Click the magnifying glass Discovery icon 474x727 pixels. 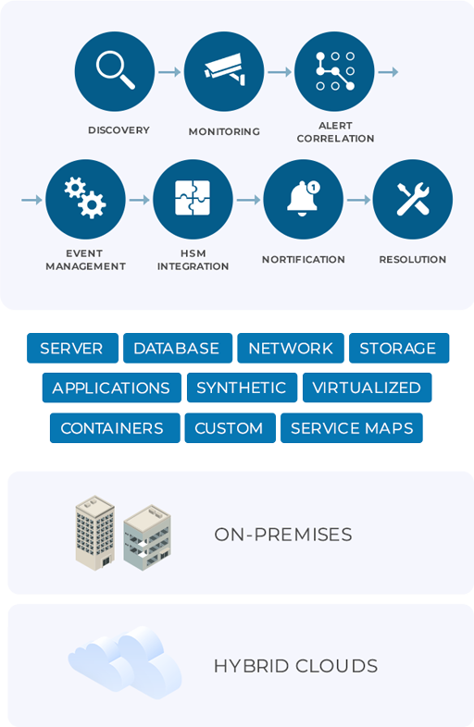point(114,71)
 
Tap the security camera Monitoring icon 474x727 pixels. point(224,71)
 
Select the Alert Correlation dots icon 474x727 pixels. point(334,71)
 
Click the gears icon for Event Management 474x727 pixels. point(85,200)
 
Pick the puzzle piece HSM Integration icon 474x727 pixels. point(193,200)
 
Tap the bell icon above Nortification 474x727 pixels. point(303,200)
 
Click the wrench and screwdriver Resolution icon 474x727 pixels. point(413,200)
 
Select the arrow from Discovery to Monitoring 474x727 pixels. point(169,72)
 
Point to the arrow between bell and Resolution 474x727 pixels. point(358,200)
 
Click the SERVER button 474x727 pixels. point(72,348)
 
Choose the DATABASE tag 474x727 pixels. point(178,348)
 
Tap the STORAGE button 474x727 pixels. point(399,348)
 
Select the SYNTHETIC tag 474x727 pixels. point(242,388)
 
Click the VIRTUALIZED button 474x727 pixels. point(367,388)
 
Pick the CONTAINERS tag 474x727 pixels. point(115,428)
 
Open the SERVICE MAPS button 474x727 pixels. point(352,428)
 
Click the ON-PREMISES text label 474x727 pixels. point(282,535)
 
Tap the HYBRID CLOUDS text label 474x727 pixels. point(295,666)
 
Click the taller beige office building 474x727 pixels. point(95,533)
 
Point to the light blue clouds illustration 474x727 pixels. point(124,662)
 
